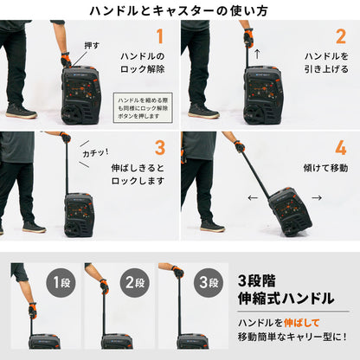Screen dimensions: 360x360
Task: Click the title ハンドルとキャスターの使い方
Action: pos(180,10)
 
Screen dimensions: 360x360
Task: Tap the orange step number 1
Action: pos(157,36)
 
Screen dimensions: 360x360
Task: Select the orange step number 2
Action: pos(340,36)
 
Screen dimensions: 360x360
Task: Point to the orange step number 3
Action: pos(159,147)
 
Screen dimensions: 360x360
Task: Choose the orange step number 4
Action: pos(340,147)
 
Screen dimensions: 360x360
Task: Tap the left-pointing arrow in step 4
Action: pos(252,197)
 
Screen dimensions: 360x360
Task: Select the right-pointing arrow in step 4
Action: pos(317,197)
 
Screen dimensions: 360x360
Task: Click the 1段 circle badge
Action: pos(62,282)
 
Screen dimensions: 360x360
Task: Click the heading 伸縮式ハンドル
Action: pos(286,299)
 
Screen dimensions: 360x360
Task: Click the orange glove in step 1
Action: pos(66,60)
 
